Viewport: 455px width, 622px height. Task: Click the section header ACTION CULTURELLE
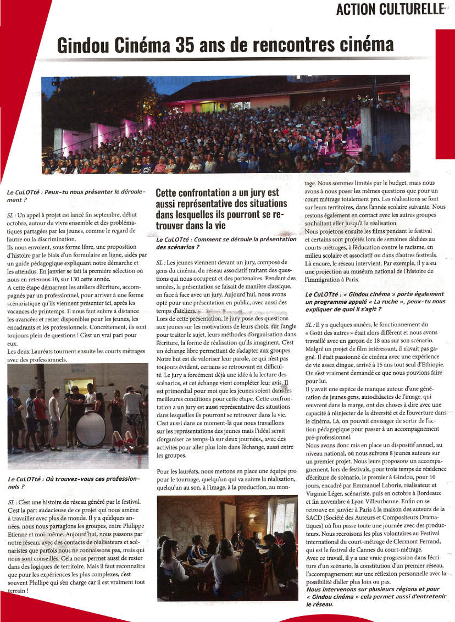click(x=390, y=9)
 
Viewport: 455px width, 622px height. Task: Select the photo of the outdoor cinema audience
click(x=225, y=125)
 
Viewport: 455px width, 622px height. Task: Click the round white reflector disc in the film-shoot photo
click(x=90, y=429)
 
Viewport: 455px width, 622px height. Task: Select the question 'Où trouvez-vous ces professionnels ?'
click(x=74, y=483)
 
